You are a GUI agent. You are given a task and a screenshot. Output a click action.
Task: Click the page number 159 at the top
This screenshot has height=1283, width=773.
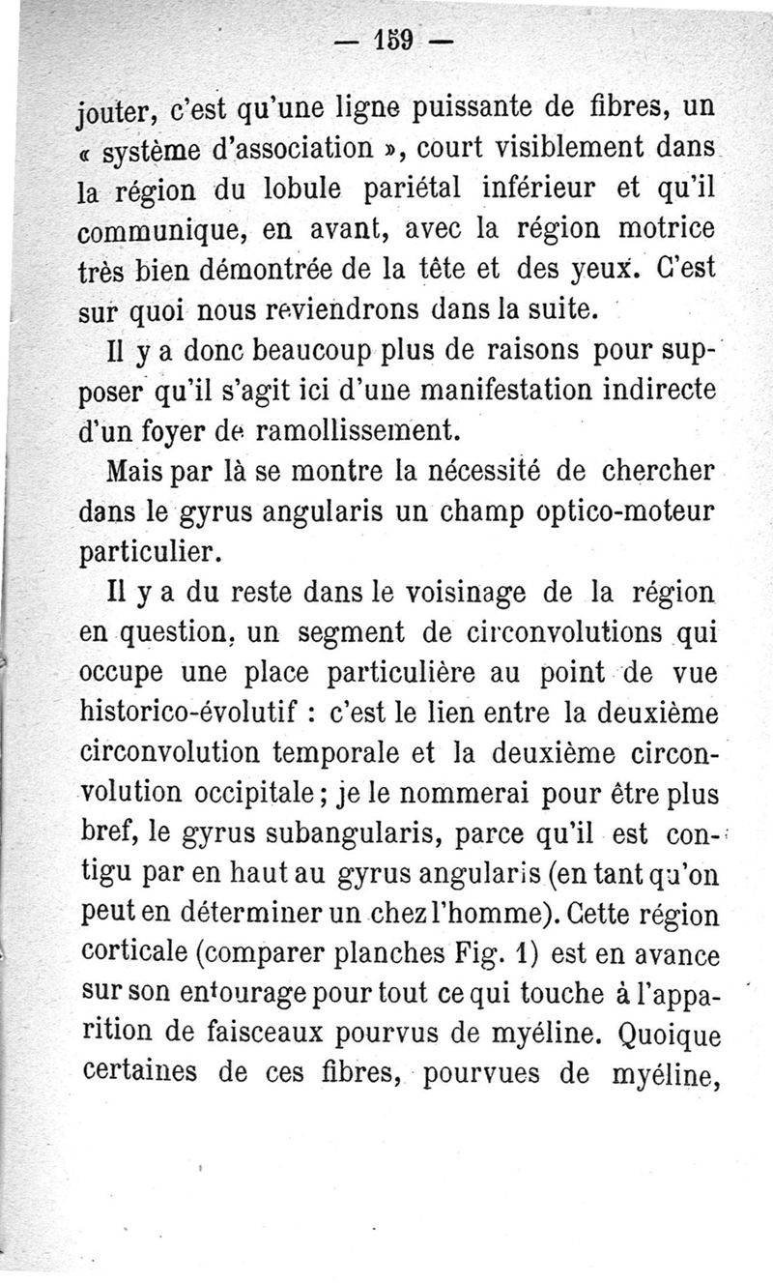pyautogui.click(x=393, y=43)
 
